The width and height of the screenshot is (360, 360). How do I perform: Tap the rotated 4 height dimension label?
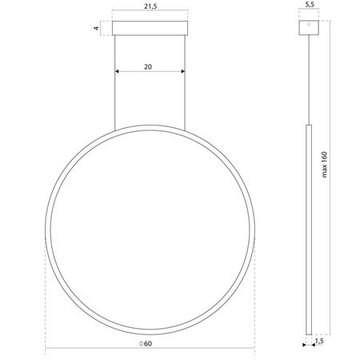[96, 28]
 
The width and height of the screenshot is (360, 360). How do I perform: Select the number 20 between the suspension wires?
[150, 67]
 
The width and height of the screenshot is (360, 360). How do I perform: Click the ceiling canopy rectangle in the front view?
[150, 29]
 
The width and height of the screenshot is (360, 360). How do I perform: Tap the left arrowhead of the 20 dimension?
[118, 72]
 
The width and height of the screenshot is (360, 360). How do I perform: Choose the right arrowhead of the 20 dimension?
[182, 72]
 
